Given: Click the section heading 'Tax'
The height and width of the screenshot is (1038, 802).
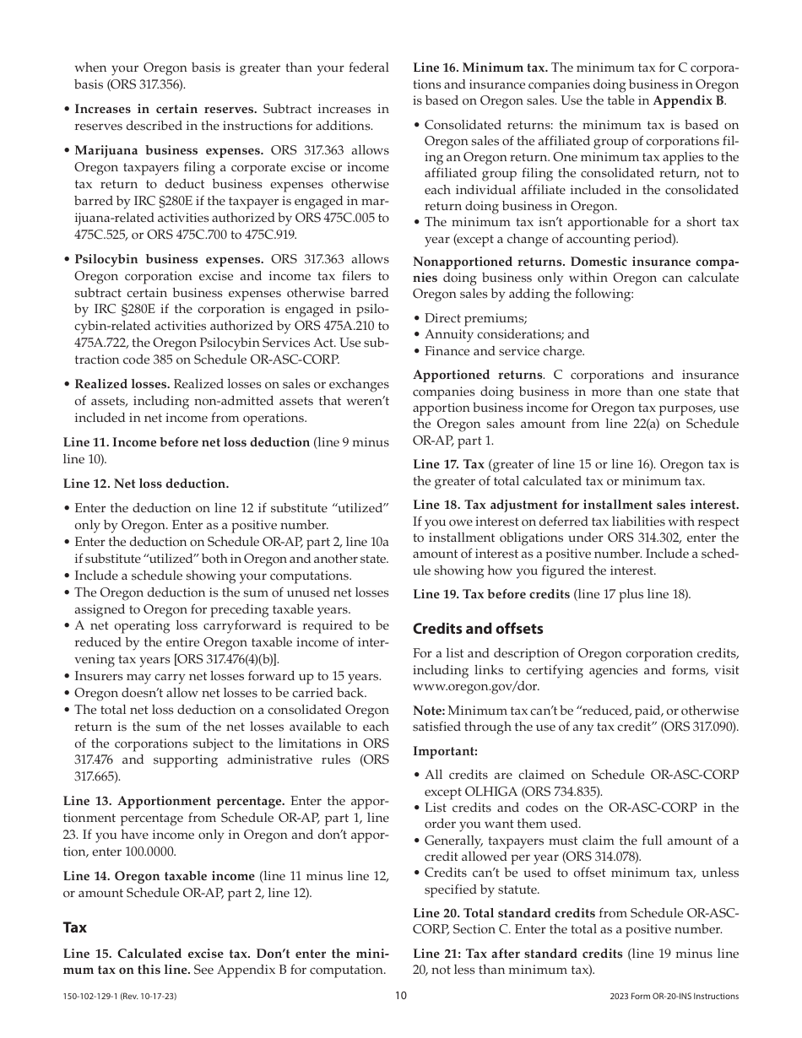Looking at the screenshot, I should [75, 927].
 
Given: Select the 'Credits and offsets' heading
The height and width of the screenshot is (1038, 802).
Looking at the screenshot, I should [478, 629].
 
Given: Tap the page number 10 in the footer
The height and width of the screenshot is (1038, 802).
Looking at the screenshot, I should [401, 996].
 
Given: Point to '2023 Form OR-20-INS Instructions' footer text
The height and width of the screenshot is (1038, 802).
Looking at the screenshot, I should [674, 997].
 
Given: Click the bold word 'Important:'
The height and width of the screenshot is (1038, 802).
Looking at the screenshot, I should [445, 751].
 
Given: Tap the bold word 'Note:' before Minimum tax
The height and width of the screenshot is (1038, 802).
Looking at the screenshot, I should [429, 711].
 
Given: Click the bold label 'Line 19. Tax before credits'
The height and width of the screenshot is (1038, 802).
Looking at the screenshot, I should [491, 594].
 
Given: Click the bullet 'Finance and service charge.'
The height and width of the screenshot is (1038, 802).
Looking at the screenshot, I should [504, 351].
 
